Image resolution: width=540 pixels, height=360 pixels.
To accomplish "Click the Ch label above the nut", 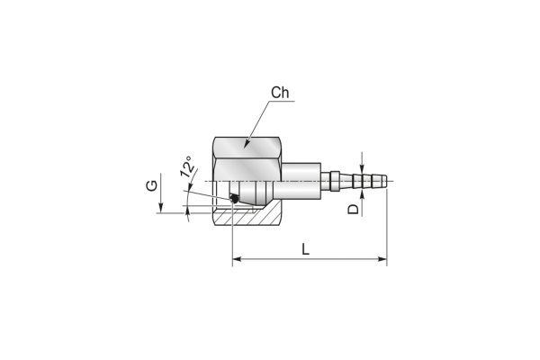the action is (x=280, y=93).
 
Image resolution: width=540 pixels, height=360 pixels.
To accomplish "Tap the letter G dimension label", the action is (x=151, y=185).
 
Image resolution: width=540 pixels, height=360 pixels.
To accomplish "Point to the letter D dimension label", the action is (x=353, y=209).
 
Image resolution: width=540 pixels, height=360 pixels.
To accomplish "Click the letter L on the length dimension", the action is (x=305, y=249).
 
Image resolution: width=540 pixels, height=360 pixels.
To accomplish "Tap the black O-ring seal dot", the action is (x=234, y=198).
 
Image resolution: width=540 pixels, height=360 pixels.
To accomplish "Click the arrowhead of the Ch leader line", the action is (x=247, y=144).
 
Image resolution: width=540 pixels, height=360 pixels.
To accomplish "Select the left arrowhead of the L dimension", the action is (x=237, y=259).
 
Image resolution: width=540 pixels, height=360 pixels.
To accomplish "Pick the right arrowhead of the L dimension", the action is (x=382, y=259).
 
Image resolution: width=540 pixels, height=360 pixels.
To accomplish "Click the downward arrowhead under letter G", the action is (x=160, y=208).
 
